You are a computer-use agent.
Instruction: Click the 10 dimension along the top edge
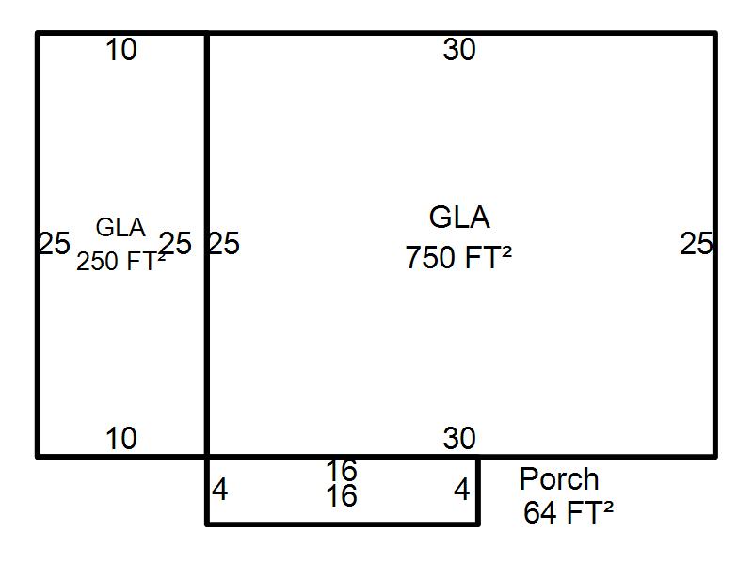pyautogui.click(x=121, y=50)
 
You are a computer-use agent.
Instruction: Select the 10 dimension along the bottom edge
pyautogui.click(x=121, y=439)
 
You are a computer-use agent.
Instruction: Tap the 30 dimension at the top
pyautogui.click(x=459, y=50)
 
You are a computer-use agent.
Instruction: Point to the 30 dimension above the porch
pyautogui.click(x=459, y=439)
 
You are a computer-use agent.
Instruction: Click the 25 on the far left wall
pyautogui.click(x=55, y=244)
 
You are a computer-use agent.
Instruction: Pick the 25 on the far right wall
pyautogui.click(x=696, y=244)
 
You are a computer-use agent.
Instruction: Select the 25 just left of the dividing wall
pyautogui.click(x=175, y=244)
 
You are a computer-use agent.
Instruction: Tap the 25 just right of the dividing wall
pyautogui.click(x=224, y=244)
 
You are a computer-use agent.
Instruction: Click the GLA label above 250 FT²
pyautogui.click(x=120, y=228)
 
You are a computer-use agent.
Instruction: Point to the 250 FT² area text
pyautogui.click(x=121, y=262)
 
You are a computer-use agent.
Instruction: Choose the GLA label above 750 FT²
pyautogui.click(x=459, y=218)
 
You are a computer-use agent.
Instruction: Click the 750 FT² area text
pyautogui.click(x=458, y=257)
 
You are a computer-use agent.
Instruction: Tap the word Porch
pyautogui.click(x=559, y=479)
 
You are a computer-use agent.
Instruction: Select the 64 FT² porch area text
pyautogui.click(x=569, y=512)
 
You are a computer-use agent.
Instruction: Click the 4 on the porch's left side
pyautogui.click(x=220, y=491)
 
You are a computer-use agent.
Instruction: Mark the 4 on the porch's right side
pyautogui.click(x=462, y=491)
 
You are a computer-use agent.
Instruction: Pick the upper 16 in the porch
pyautogui.click(x=342, y=471)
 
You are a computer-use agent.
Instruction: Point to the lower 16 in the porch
pyautogui.click(x=342, y=496)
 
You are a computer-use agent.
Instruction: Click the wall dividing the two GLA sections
pyautogui.click(x=207, y=244)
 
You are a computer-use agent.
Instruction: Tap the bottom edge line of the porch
pyautogui.click(x=343, y=524)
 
